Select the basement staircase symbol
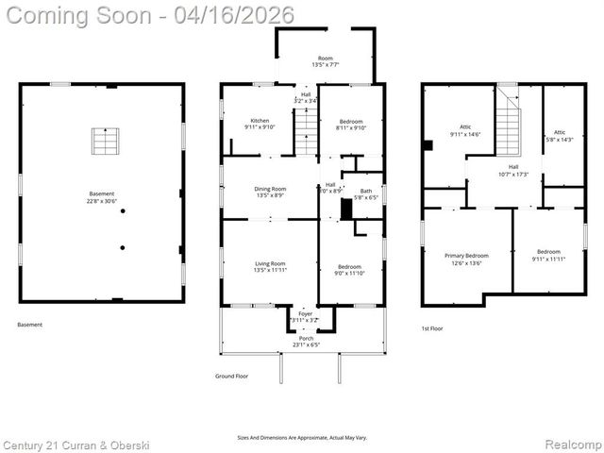tap(105, 141)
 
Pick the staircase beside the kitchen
tap(307, 132)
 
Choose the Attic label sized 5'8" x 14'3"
tap(560, 136)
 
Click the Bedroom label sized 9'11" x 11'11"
tap(548, 255)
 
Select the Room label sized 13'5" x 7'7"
tap(325, 61)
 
